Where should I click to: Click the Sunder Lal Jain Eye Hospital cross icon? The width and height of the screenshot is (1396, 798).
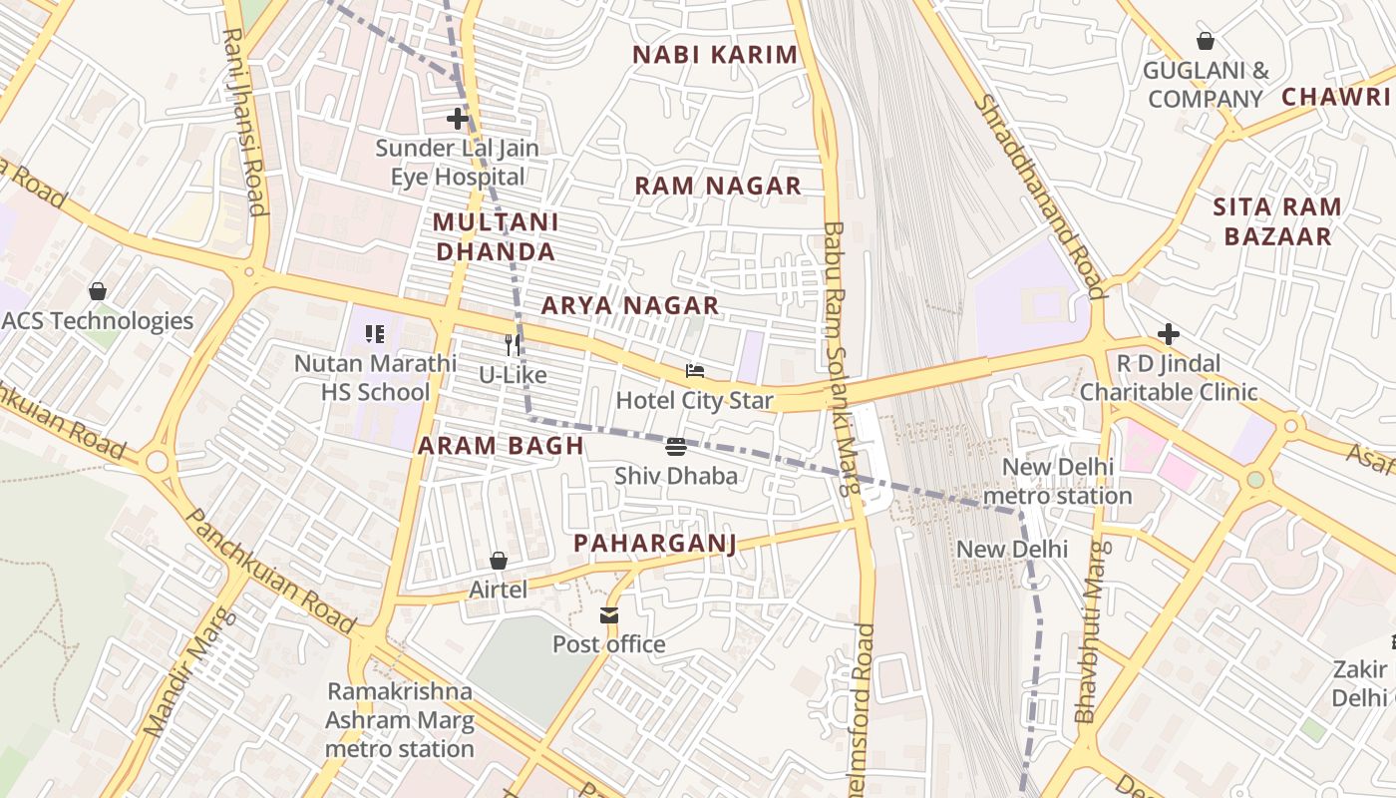tap(458, 119)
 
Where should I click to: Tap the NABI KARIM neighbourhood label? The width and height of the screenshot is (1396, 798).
tap(715, 55)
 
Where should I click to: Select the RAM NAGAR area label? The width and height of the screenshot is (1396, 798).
tap(718, 186)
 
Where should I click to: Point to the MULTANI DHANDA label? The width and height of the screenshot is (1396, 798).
tap(496, 236)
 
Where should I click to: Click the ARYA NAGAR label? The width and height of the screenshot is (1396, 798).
tap(629, 305)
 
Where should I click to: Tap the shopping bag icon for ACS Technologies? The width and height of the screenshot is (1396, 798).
tap(98, 291)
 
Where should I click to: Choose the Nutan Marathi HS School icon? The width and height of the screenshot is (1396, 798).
tap(375, 334)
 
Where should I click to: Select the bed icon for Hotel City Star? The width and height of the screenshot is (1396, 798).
tap(695, 371)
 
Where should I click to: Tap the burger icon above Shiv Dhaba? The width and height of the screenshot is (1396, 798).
tap(676, 446)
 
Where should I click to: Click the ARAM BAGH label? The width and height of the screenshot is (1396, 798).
tap(501, 446)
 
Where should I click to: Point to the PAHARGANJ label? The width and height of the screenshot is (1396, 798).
tap(654, 543)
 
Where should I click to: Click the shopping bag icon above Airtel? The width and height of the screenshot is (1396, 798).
tap(499, 561)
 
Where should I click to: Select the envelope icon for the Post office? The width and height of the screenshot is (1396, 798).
tap(609, 615)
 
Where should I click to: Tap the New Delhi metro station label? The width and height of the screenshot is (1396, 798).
tap(1067, 481)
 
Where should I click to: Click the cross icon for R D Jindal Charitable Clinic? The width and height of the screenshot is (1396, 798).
tap(1169, 333)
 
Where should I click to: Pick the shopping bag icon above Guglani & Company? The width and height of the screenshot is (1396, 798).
tap(1206, 41)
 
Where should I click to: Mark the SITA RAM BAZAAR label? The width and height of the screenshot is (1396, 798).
tap(1277, 221)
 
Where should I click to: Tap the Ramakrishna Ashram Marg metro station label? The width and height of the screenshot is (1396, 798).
tap(400, 719)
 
